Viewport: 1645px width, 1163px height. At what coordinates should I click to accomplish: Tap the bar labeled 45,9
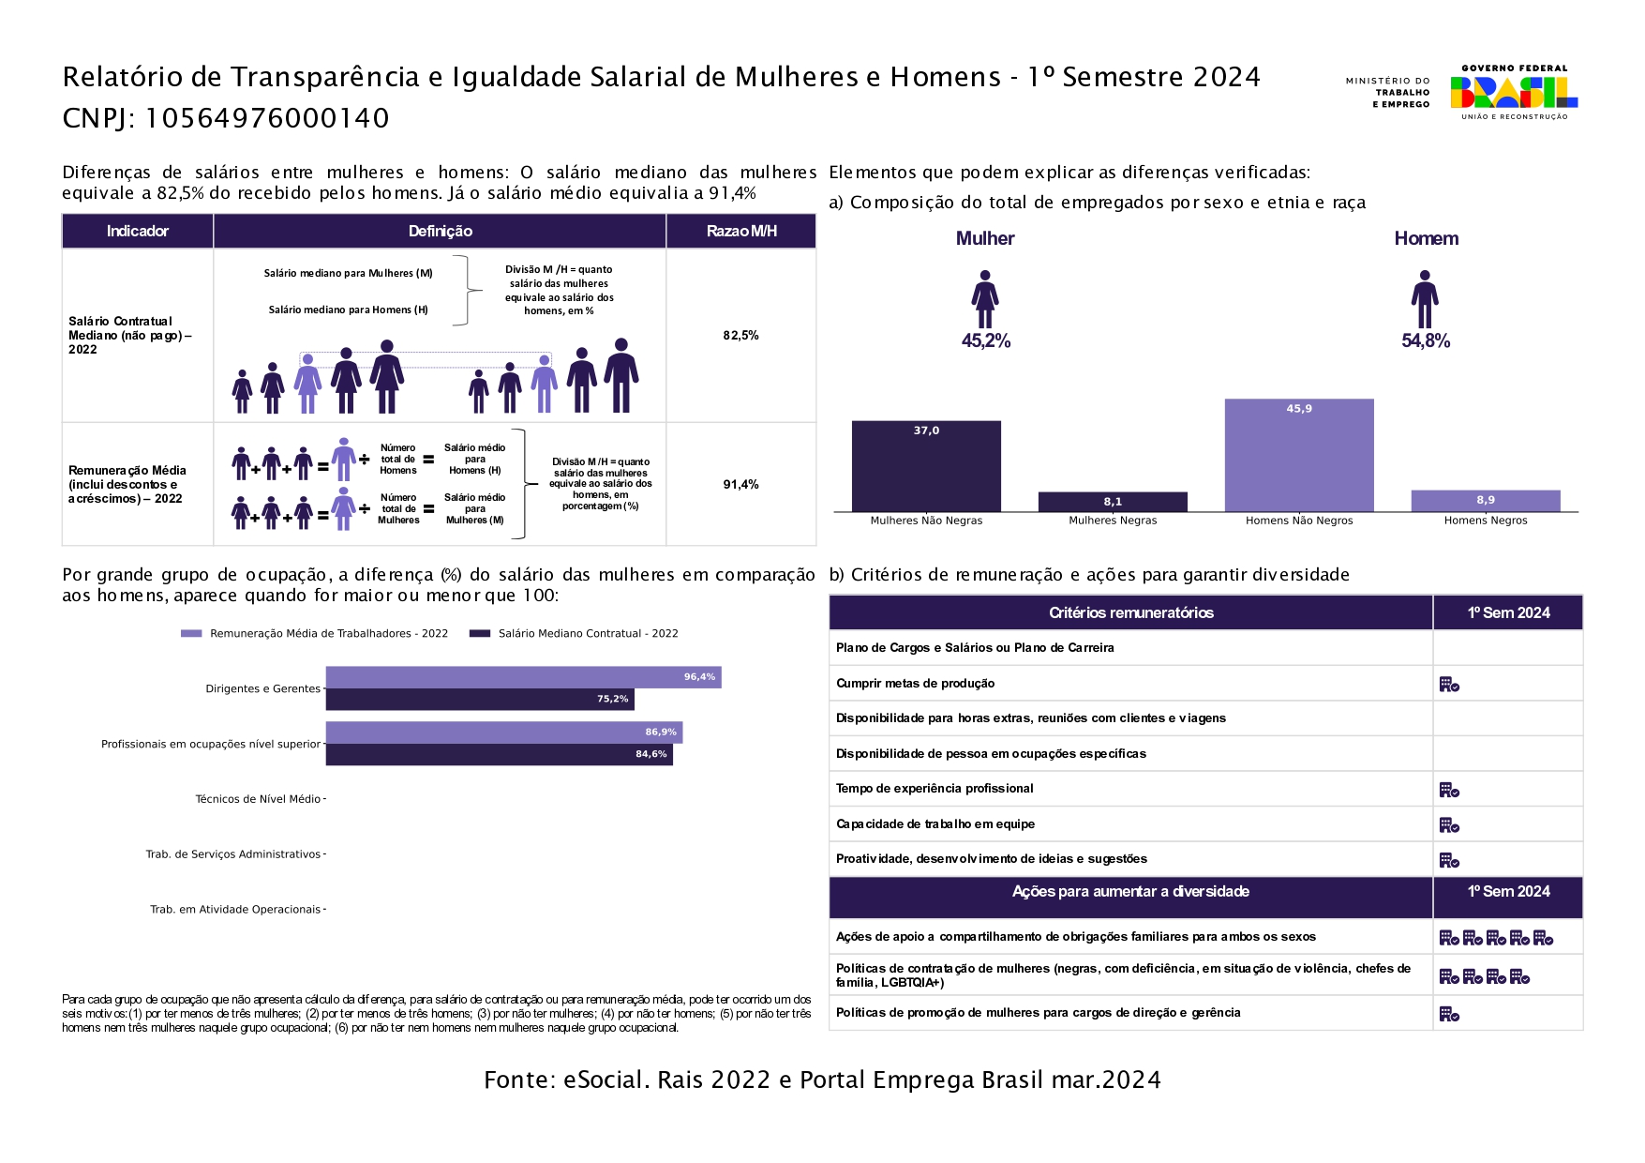tap(1298, 456)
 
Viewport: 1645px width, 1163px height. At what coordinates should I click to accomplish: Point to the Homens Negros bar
tap(1485, 501)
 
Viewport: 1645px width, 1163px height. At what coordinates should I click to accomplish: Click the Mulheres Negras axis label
tap(1113, 521)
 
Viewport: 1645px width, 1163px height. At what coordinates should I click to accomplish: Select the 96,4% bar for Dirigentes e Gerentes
tap(523, 677)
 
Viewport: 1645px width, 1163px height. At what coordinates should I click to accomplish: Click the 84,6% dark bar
tap(499, 754)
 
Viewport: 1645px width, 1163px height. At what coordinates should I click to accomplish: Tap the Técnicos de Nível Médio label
tap(258, 799)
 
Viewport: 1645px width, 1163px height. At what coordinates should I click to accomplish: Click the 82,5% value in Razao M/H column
tap(740, 336)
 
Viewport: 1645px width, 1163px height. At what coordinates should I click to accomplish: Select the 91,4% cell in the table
tap(740, 485)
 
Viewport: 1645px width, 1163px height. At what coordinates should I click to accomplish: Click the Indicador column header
tap(138, 232)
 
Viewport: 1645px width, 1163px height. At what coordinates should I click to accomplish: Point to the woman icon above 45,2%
tap(984, 299)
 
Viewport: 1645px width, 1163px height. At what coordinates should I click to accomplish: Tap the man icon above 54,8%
tap(1425, 299)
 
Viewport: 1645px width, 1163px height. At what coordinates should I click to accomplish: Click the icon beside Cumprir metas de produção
tap(1449, 685)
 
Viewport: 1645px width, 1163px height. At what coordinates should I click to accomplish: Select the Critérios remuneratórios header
tap(1130, 613)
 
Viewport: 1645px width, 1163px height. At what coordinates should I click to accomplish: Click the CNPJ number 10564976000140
tap(267, 119)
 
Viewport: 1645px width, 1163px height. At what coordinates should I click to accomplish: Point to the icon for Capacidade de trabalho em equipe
tap(1449, 825)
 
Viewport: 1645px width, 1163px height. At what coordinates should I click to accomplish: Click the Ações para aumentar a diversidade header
tap(1130, 892)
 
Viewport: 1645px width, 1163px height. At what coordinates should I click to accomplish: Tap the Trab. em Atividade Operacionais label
tap(235, 910)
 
